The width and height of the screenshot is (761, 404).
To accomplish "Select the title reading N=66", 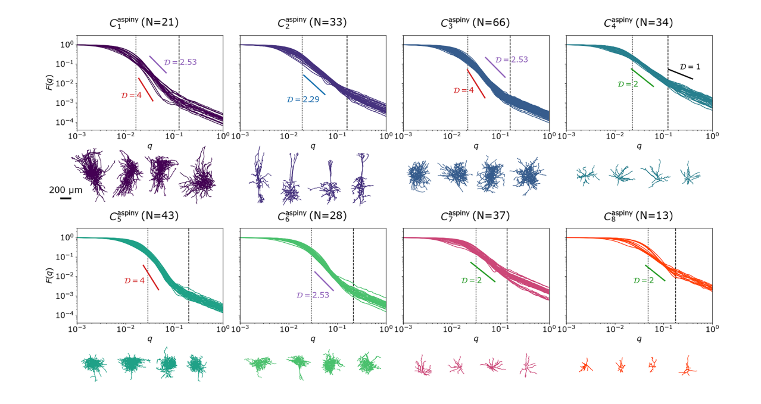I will [x=476, y=23].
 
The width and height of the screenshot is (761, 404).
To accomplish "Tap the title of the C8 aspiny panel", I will [x=639, y=215].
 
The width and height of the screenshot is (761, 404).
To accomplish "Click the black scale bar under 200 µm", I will [x=66, y=198].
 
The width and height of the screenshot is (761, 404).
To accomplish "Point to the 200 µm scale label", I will [x=66, y=189].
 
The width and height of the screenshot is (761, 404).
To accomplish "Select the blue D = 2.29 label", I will [x=302, y=99].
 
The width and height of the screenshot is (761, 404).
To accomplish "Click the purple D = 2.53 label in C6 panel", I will [x=314, y=295].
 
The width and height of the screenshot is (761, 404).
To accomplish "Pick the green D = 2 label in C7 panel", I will [x=471, y=280].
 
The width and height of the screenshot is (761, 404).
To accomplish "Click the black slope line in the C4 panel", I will [x=680, y=74].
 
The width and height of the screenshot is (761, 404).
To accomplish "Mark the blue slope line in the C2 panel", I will [x=314, y=84].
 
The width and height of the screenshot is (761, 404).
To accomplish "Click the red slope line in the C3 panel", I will [x=476, y=83].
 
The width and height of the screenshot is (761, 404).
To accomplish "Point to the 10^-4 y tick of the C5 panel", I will [x=65, y=315].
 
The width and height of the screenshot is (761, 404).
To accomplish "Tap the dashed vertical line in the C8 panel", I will [x=675, y=274].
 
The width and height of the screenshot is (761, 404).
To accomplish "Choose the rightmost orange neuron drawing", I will [x=688, y=365].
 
